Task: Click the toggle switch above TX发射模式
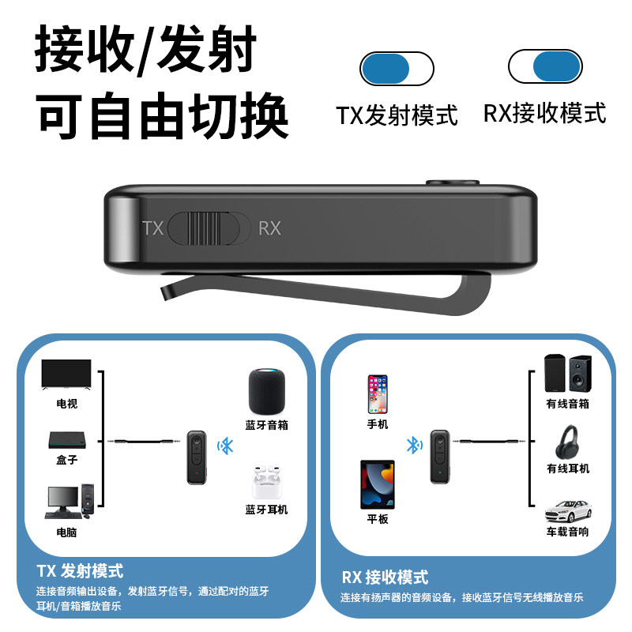click(x=397, y=69)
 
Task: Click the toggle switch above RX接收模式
click(x=545, y=66)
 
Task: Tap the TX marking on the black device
click(x=152, y=228)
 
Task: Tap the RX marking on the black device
click(x=269, y=228)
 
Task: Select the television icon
click(x=66, y=378)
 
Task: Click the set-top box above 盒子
click(x=66, y=441)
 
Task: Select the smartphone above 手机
click(x=378, y=393)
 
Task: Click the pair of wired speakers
click(x=567, y=374)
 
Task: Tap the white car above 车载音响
click(x=568, y=509)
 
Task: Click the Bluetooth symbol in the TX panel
click(x=227, y=446)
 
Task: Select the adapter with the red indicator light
click(x=195, y=457)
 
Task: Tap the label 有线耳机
click(x=567, y=468)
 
